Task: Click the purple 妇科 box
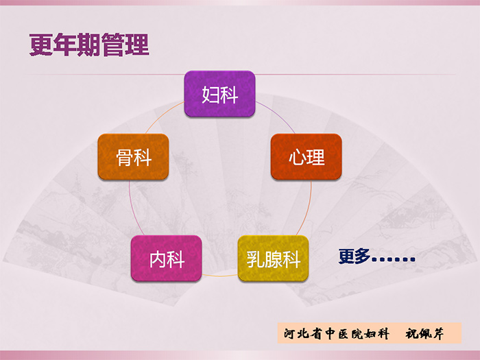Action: tap(219, 94)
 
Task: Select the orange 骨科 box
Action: tap(133, 157)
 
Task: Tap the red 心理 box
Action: tap(306, 157)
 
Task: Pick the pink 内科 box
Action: tap(166, 259)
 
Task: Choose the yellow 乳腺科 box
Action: tap(273, 259)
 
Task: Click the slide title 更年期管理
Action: tap(89, 45)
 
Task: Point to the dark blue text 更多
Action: tap(355, 256)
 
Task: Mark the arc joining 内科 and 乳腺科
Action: tap(220, 276)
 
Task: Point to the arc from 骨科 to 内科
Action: tap(132, 209)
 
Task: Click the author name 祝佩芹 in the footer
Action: tap(424, 333)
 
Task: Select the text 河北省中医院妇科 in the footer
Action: tap(337, 333)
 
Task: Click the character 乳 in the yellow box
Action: tap(255, 259)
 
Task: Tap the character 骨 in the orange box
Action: tap(124, 157)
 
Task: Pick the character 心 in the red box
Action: tap(298, 157)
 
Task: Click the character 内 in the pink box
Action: tap(158, 259)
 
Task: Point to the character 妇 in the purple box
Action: tap(211, 95)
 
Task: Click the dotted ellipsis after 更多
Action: tap(394, 260)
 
